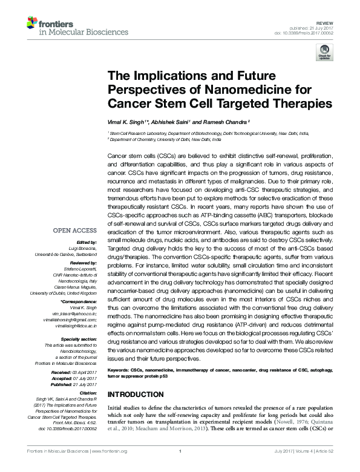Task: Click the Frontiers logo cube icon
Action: coord(33,24)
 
